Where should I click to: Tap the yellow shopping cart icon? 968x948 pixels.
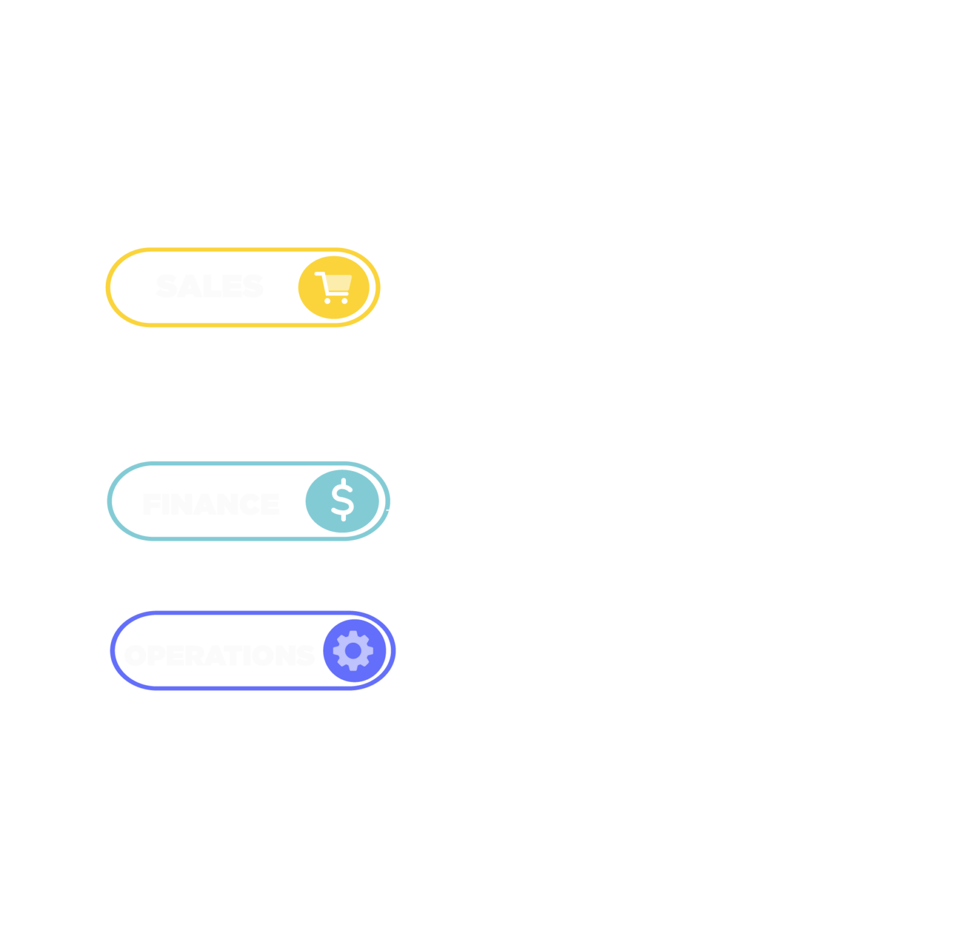click(333, 288)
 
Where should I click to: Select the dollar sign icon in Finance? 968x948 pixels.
click(343, 501)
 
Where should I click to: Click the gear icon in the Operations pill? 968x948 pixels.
click(354, 650)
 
